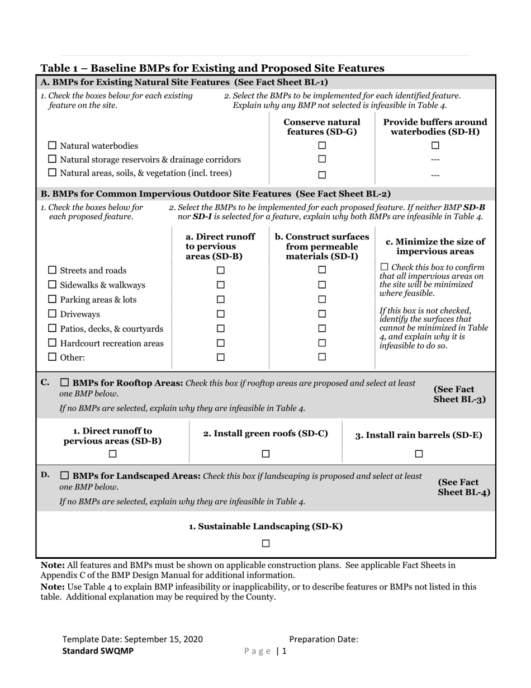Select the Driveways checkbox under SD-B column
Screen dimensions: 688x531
coord(220,314)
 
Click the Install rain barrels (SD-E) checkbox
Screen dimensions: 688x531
coord(419,454)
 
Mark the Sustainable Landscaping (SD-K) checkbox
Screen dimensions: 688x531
coord(266,543)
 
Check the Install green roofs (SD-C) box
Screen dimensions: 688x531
coord(266,454)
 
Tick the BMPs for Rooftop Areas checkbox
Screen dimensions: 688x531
coord(64,383)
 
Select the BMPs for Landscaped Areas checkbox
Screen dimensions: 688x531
coord(64,476)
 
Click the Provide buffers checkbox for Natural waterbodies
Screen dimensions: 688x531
coord(435,145)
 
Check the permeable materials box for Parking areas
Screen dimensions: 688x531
coord(322,299)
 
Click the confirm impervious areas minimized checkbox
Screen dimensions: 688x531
coord(384,268)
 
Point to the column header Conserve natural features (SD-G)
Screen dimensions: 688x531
coord(322,126)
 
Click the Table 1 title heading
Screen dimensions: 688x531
coord(212,68)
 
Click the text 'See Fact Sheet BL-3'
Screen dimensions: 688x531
coord(459,394)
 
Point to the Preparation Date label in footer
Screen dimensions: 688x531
coord(324,639)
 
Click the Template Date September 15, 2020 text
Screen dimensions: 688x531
coord(132,639)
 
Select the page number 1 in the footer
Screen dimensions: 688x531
coord(284,651)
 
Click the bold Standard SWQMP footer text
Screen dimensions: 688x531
coord(98,651)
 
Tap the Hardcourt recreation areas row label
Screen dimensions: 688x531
coord(112,343)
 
